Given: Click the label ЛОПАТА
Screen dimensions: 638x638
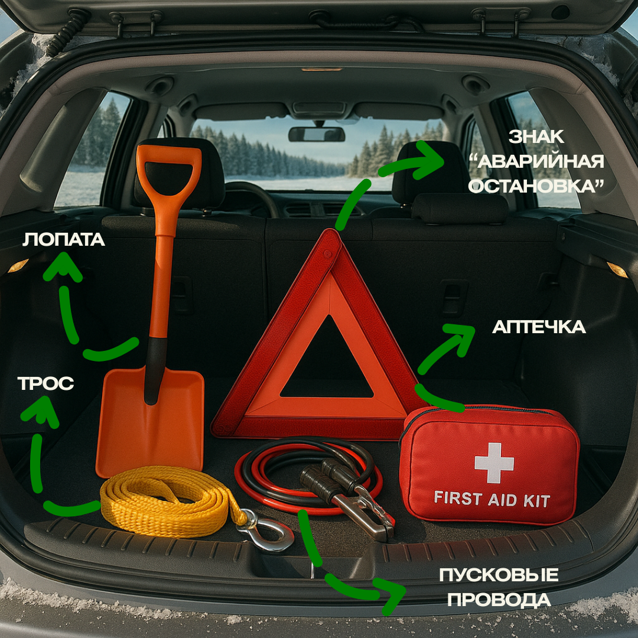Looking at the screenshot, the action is point(64,240).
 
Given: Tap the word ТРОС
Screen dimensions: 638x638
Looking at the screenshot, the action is point(46,383).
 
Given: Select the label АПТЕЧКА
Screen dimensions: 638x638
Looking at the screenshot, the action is point(539,327).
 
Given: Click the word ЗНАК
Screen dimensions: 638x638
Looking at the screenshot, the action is point(536,136).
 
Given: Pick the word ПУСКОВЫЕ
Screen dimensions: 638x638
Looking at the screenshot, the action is point(499,575).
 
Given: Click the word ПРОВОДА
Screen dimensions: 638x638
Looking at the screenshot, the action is point(499,600).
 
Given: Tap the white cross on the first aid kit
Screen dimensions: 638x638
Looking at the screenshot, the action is point(494,463).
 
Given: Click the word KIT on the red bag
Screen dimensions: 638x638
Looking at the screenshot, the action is point(536,501).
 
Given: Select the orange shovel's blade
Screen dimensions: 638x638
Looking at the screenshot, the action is point(149,421).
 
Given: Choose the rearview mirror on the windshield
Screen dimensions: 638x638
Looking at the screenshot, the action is point(317,134).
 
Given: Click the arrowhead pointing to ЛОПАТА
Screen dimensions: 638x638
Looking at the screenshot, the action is point(63,266).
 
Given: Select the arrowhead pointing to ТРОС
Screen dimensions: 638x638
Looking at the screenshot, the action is point(41,411).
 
